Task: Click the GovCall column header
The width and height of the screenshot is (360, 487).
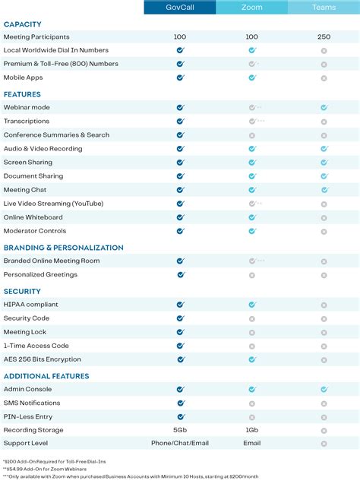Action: tap(180, 8)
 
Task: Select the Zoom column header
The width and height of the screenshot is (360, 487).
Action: tap(252, 8)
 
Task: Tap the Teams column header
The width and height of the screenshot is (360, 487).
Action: tap(324, 8)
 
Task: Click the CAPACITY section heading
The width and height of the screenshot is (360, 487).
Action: tap(23, 24)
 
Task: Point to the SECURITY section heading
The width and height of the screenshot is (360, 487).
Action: tap(22, 291)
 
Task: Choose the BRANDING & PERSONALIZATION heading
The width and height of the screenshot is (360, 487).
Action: tap(63, 248)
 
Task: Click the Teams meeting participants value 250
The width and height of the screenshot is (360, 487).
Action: tap(324, 36)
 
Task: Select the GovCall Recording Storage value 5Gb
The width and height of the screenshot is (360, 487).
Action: tap(180, 430)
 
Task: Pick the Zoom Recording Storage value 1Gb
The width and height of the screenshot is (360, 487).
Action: tap(252, 430)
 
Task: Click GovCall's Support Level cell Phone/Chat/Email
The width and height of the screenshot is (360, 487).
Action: tap(180, 443)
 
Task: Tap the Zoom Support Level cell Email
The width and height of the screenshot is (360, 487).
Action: tap(252, 443)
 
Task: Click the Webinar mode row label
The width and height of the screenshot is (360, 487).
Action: tap(27, 107)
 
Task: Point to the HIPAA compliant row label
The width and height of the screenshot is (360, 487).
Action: tap(30, 305)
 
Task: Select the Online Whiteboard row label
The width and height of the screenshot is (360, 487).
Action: tap(33, 217)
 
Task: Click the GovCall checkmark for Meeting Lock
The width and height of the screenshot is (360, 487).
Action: tap(180, 332)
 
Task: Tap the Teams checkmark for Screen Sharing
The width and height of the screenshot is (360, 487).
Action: tap(324, 163)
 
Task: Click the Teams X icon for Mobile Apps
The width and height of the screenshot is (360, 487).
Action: tap(324, 77)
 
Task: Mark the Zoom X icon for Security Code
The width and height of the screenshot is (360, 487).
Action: tap(252, 318)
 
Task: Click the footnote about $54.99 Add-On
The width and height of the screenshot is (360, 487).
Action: tap(45, 469)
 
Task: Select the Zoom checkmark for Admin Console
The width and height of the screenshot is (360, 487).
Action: tap(252, 389)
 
